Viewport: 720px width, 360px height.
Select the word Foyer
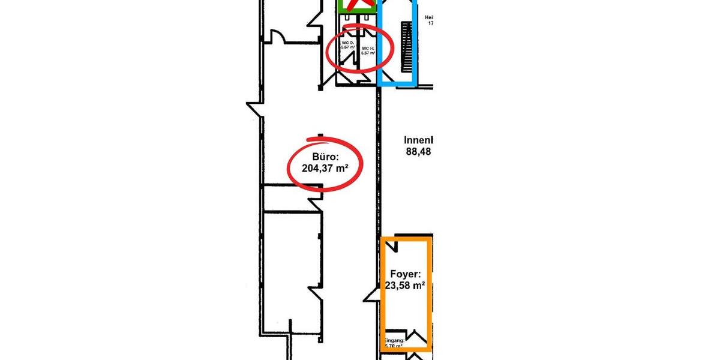[404, 274]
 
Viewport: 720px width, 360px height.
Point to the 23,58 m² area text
[404, 286]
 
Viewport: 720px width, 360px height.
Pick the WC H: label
[368, 46]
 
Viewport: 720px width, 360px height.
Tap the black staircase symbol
[407, 46]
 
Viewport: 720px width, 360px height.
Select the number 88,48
[419, 152]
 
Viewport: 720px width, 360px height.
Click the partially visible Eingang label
[395, 340]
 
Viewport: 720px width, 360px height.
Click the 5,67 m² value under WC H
[368, 53]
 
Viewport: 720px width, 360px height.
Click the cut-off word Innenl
[419, 140]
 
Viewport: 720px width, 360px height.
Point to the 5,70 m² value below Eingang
[393, 346]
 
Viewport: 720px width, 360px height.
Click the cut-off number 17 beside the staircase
[430, 24]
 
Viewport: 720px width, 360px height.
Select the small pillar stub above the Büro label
[320, 136]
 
